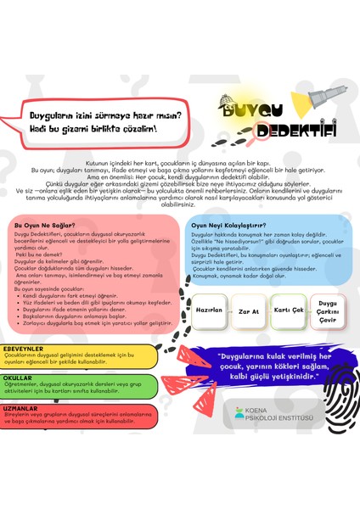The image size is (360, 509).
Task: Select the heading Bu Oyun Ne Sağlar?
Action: pyautogui.click(x=42, y=226)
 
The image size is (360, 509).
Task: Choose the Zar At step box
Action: pyautogui.click(x=247, y=311)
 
